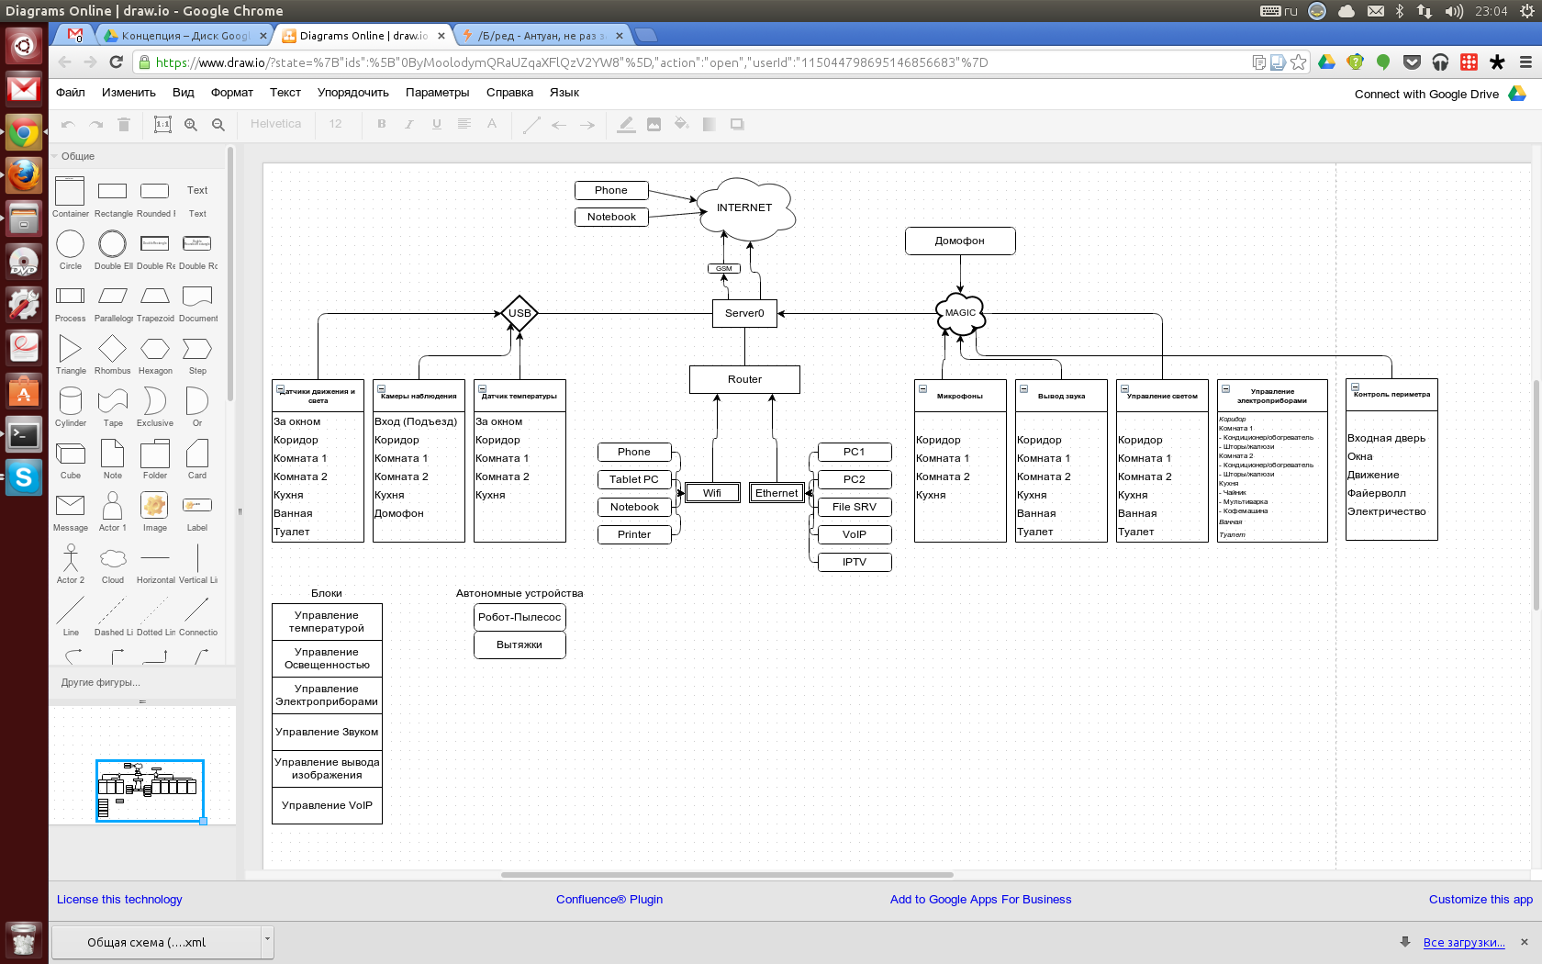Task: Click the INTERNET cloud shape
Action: [x=744, y=208]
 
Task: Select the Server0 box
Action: [x=744, y=314]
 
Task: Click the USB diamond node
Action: [x=520, y=313]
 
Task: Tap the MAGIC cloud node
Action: [x=960, y=314]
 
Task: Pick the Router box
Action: [x=744, y=380]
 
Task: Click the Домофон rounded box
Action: [x=960, y=241]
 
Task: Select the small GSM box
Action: [x=724, y=269]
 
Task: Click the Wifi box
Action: [x=712, y=494]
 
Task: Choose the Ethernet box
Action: [x=777, y=494]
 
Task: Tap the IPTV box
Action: [x=855, y=563]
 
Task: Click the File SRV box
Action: [x=855, y=508]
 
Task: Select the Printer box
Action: [x=634, y=535]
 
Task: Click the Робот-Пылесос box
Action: [x=520, y=618]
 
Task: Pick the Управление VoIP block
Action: [x=327, y=806]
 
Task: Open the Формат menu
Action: [x=231, y=93]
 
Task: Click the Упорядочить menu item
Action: [x=353, y=93]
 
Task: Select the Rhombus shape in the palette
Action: [x=112, y=350]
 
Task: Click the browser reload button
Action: [x=116, y=62]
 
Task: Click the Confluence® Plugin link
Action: [x=609, y=900]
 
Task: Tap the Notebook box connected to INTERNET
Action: [x=611, y=218]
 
